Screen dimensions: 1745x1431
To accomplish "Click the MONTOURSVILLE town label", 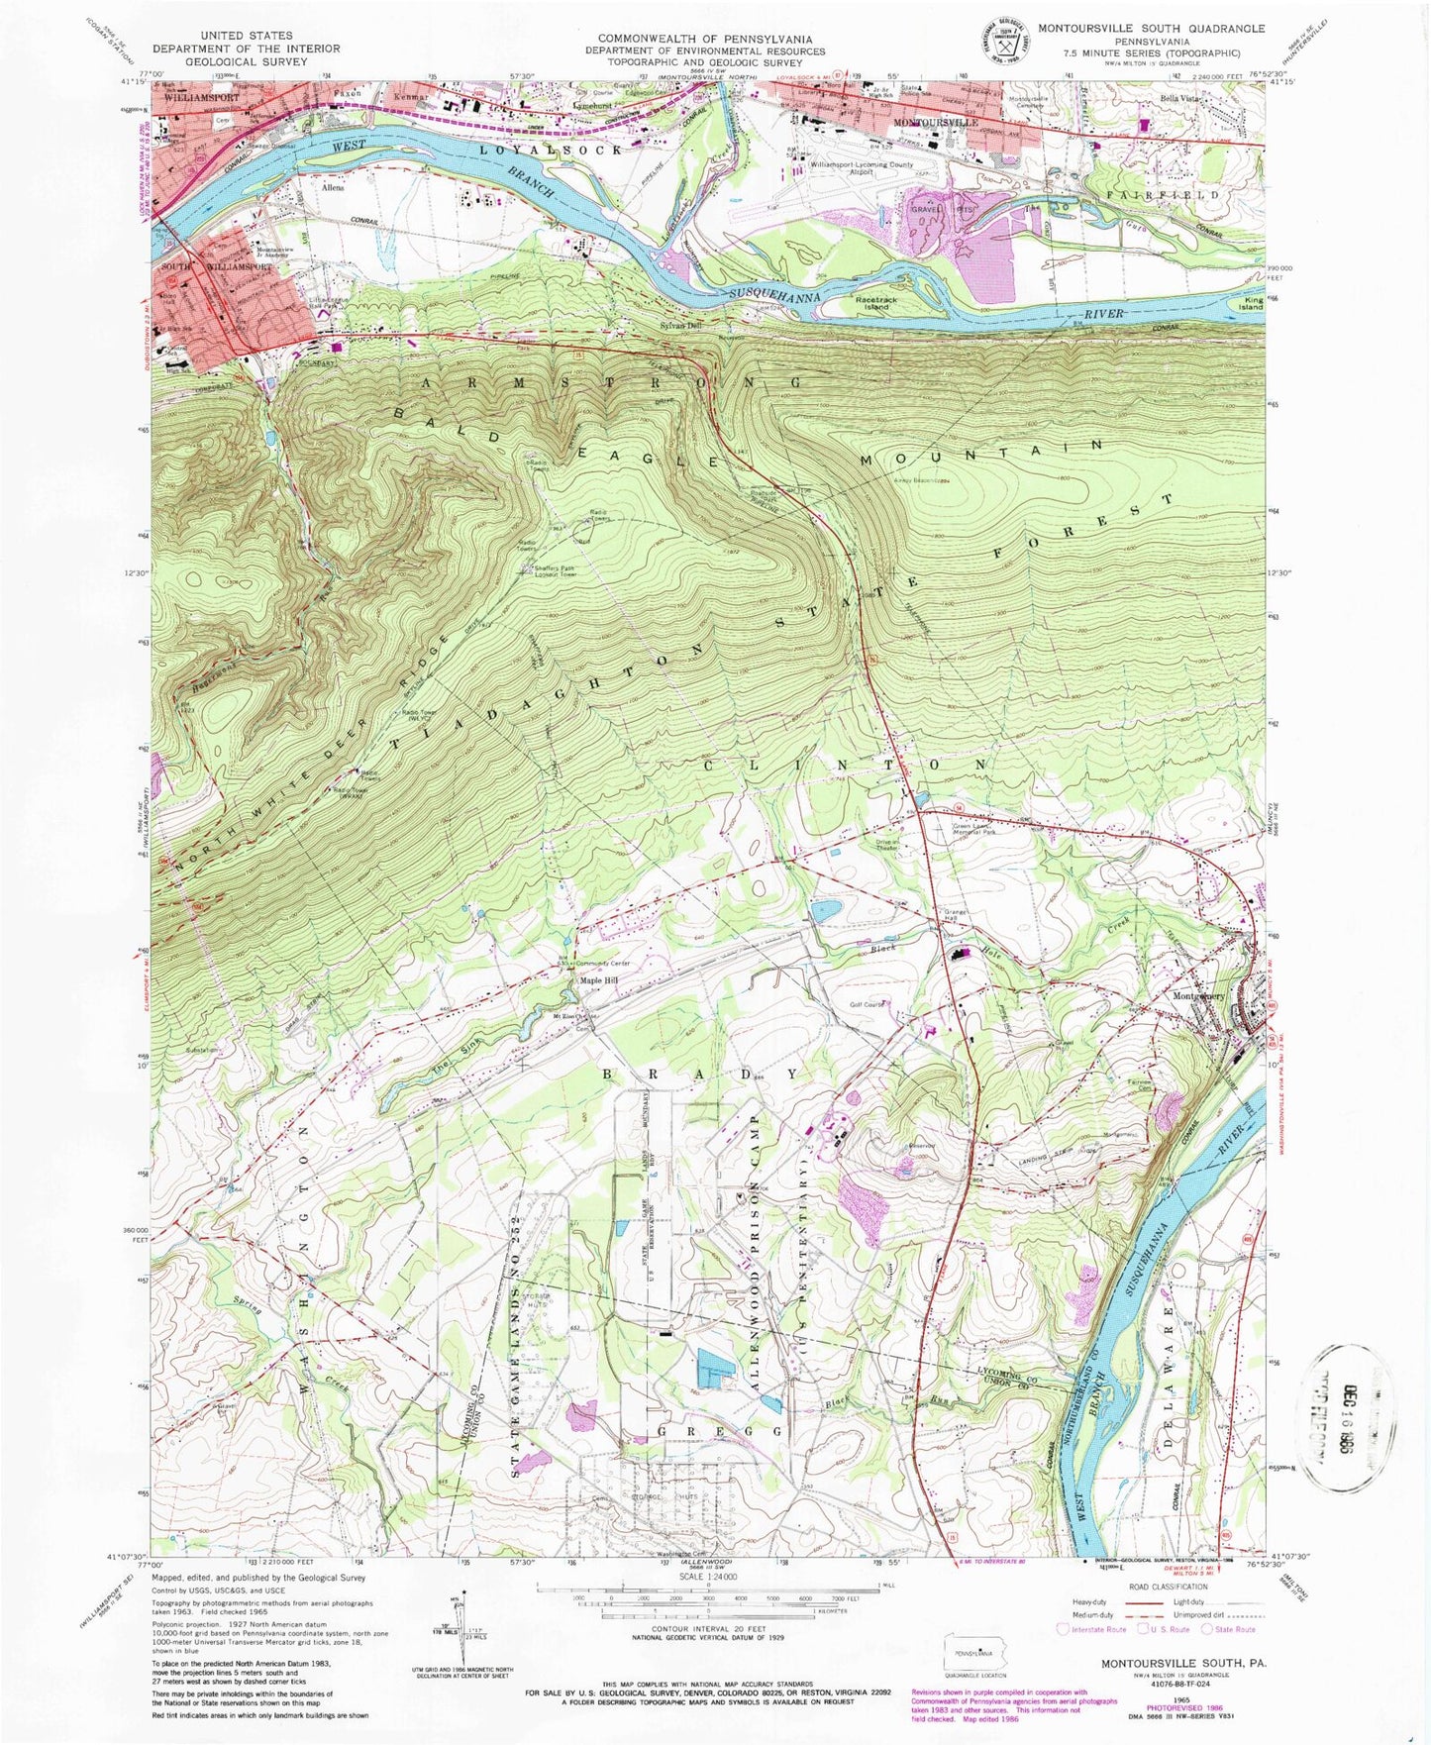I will [935, 121].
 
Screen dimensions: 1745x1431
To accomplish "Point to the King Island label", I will [1252, 305].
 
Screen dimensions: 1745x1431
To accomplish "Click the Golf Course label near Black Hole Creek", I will [867, 1004].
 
